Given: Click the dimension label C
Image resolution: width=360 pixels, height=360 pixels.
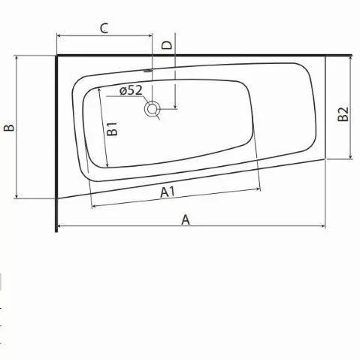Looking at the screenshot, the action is click(x=104, y=29).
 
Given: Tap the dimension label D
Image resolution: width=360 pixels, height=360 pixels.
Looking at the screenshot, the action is click(x=167, y=45).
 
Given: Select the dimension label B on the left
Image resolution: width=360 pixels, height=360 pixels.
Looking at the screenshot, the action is click(x=9, y=128).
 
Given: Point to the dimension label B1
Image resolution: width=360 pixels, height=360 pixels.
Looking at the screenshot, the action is click(x=112, y=129).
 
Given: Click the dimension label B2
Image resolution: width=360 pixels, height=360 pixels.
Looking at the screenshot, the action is click(x=343, y=114).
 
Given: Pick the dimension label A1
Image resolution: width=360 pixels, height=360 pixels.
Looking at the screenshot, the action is click(x=168, y=192).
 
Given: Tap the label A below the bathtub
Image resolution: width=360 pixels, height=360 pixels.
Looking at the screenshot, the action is click(x=186, y=219).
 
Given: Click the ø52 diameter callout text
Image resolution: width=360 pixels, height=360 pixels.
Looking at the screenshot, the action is click(x=131, y=90).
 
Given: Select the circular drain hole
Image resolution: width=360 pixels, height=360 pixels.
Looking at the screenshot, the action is click(x=152, y=109).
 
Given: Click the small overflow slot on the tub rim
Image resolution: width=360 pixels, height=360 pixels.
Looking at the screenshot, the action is click(x=148, y=71).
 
